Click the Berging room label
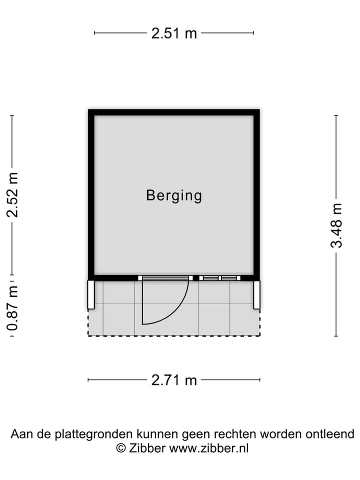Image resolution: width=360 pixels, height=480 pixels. coord(174,196)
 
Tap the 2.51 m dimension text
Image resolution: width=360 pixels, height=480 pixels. coord(174,33)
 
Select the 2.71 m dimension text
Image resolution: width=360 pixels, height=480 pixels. coord(174,380)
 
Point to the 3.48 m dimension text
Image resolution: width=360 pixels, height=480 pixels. coord(336,225)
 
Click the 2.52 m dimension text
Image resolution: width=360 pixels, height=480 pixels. coord(12,195)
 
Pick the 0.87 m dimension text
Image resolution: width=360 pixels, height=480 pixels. coord(12,308)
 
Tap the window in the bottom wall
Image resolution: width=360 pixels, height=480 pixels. coord(220,278)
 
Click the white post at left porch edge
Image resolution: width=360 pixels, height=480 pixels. coord(91,295)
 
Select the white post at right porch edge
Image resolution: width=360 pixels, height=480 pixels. coord(256,295)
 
